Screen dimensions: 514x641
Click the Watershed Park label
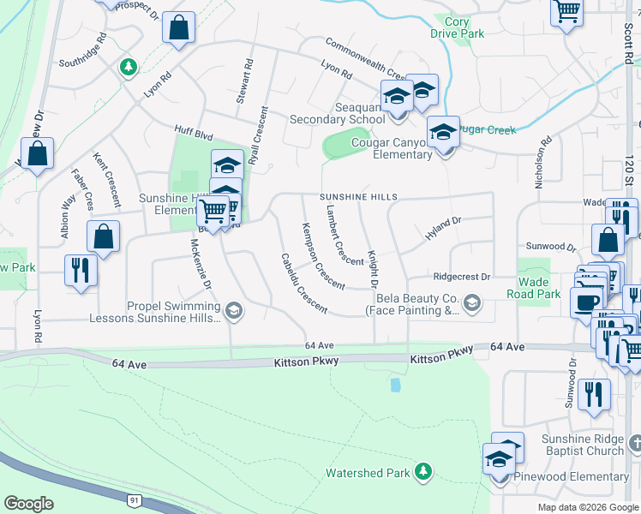[x=368, y=472]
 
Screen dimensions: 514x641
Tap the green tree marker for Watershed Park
[x=422, y=471]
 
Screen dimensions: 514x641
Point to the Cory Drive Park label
[x=458, y=27]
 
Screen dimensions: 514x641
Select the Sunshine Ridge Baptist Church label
[x=583, y=445]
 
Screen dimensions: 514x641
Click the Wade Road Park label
[x=539, y=288]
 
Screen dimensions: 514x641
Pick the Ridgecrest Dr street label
[x=461, y=277]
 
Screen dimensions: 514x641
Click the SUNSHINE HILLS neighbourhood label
[x=359, y=197]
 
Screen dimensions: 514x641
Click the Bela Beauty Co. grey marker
[x=471, y=302]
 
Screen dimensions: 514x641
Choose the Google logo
[x=28, y=504]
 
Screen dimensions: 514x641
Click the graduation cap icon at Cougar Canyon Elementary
[x=443, y=132]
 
